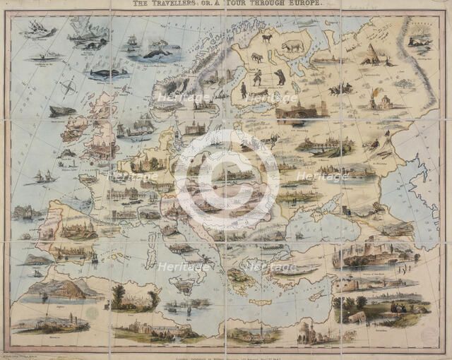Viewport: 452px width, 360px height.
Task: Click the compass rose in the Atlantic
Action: coord(69,88)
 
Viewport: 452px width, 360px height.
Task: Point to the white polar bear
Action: coord(292,47)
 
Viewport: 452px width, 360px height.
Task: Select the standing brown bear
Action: coord(280,76)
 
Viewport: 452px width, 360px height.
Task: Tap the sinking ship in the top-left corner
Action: coord(40,30)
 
